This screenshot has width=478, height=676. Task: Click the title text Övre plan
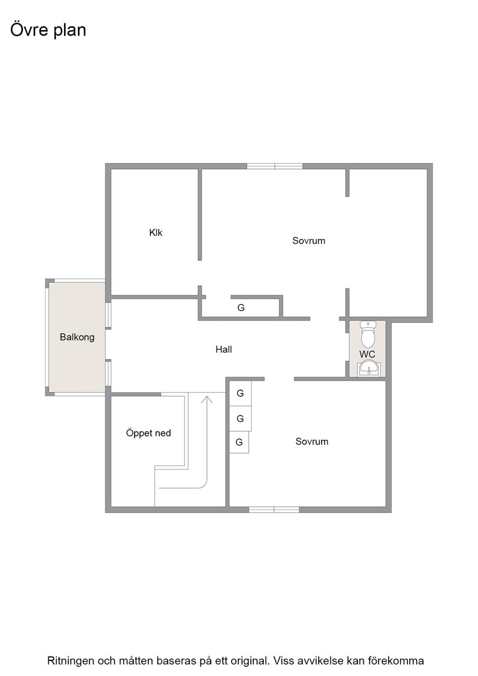coord(48,30)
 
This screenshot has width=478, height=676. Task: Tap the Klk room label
coord(156,232)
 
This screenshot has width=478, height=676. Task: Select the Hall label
coord(224,349)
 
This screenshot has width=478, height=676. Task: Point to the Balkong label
coord(77,337)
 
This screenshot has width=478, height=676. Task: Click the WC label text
coord(367,354)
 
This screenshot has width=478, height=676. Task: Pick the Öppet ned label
coord(148,433)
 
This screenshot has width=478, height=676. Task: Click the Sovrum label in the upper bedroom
coord(308,241)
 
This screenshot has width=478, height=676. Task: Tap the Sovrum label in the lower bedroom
coord(311,441)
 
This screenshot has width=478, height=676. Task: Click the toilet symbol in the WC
coord(368,334)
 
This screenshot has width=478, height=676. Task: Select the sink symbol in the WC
coord(368,369)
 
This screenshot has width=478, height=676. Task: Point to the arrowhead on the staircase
coord(207,399)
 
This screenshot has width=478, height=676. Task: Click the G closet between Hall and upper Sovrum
coord(241,308)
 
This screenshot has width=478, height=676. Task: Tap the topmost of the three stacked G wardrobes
coord(240,393)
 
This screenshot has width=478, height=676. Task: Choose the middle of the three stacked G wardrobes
coord(240,419)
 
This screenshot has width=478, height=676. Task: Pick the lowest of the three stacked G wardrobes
coord(239,442)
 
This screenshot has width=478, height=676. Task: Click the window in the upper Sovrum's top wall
coord(275,166)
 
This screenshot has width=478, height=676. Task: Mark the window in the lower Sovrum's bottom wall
coord(274,510)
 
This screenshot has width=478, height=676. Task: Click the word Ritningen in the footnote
coord(71,661)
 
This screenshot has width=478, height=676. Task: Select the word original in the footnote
coord(252,662)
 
